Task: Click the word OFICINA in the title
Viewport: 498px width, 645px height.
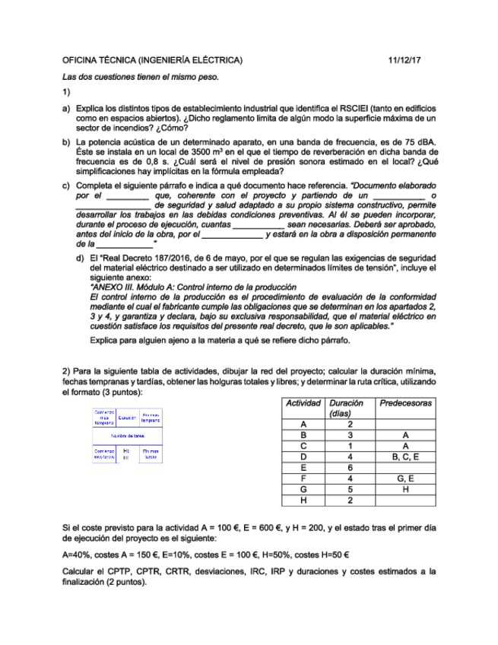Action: tap(80, 59)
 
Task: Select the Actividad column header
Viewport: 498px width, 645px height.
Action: tap(303, 403)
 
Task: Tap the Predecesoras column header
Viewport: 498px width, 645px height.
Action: tap(406, 403)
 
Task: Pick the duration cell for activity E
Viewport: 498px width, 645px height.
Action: tap(349, 468)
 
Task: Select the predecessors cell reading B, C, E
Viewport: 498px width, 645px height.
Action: tap(406, 456)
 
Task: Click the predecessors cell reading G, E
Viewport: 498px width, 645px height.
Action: tap(406, 478)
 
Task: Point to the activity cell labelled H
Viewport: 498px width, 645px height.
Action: tap(303, 500)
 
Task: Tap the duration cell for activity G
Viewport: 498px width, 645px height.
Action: tap(349, 489)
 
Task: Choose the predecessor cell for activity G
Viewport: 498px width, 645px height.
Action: tap(406, 489)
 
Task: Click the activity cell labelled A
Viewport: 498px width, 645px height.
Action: tap(303, 424)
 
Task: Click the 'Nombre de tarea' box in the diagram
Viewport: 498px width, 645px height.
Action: tap(127, 436)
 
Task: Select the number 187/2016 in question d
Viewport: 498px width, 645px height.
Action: tap(163, 258)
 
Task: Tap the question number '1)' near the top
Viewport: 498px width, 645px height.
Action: tap(66, 93)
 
